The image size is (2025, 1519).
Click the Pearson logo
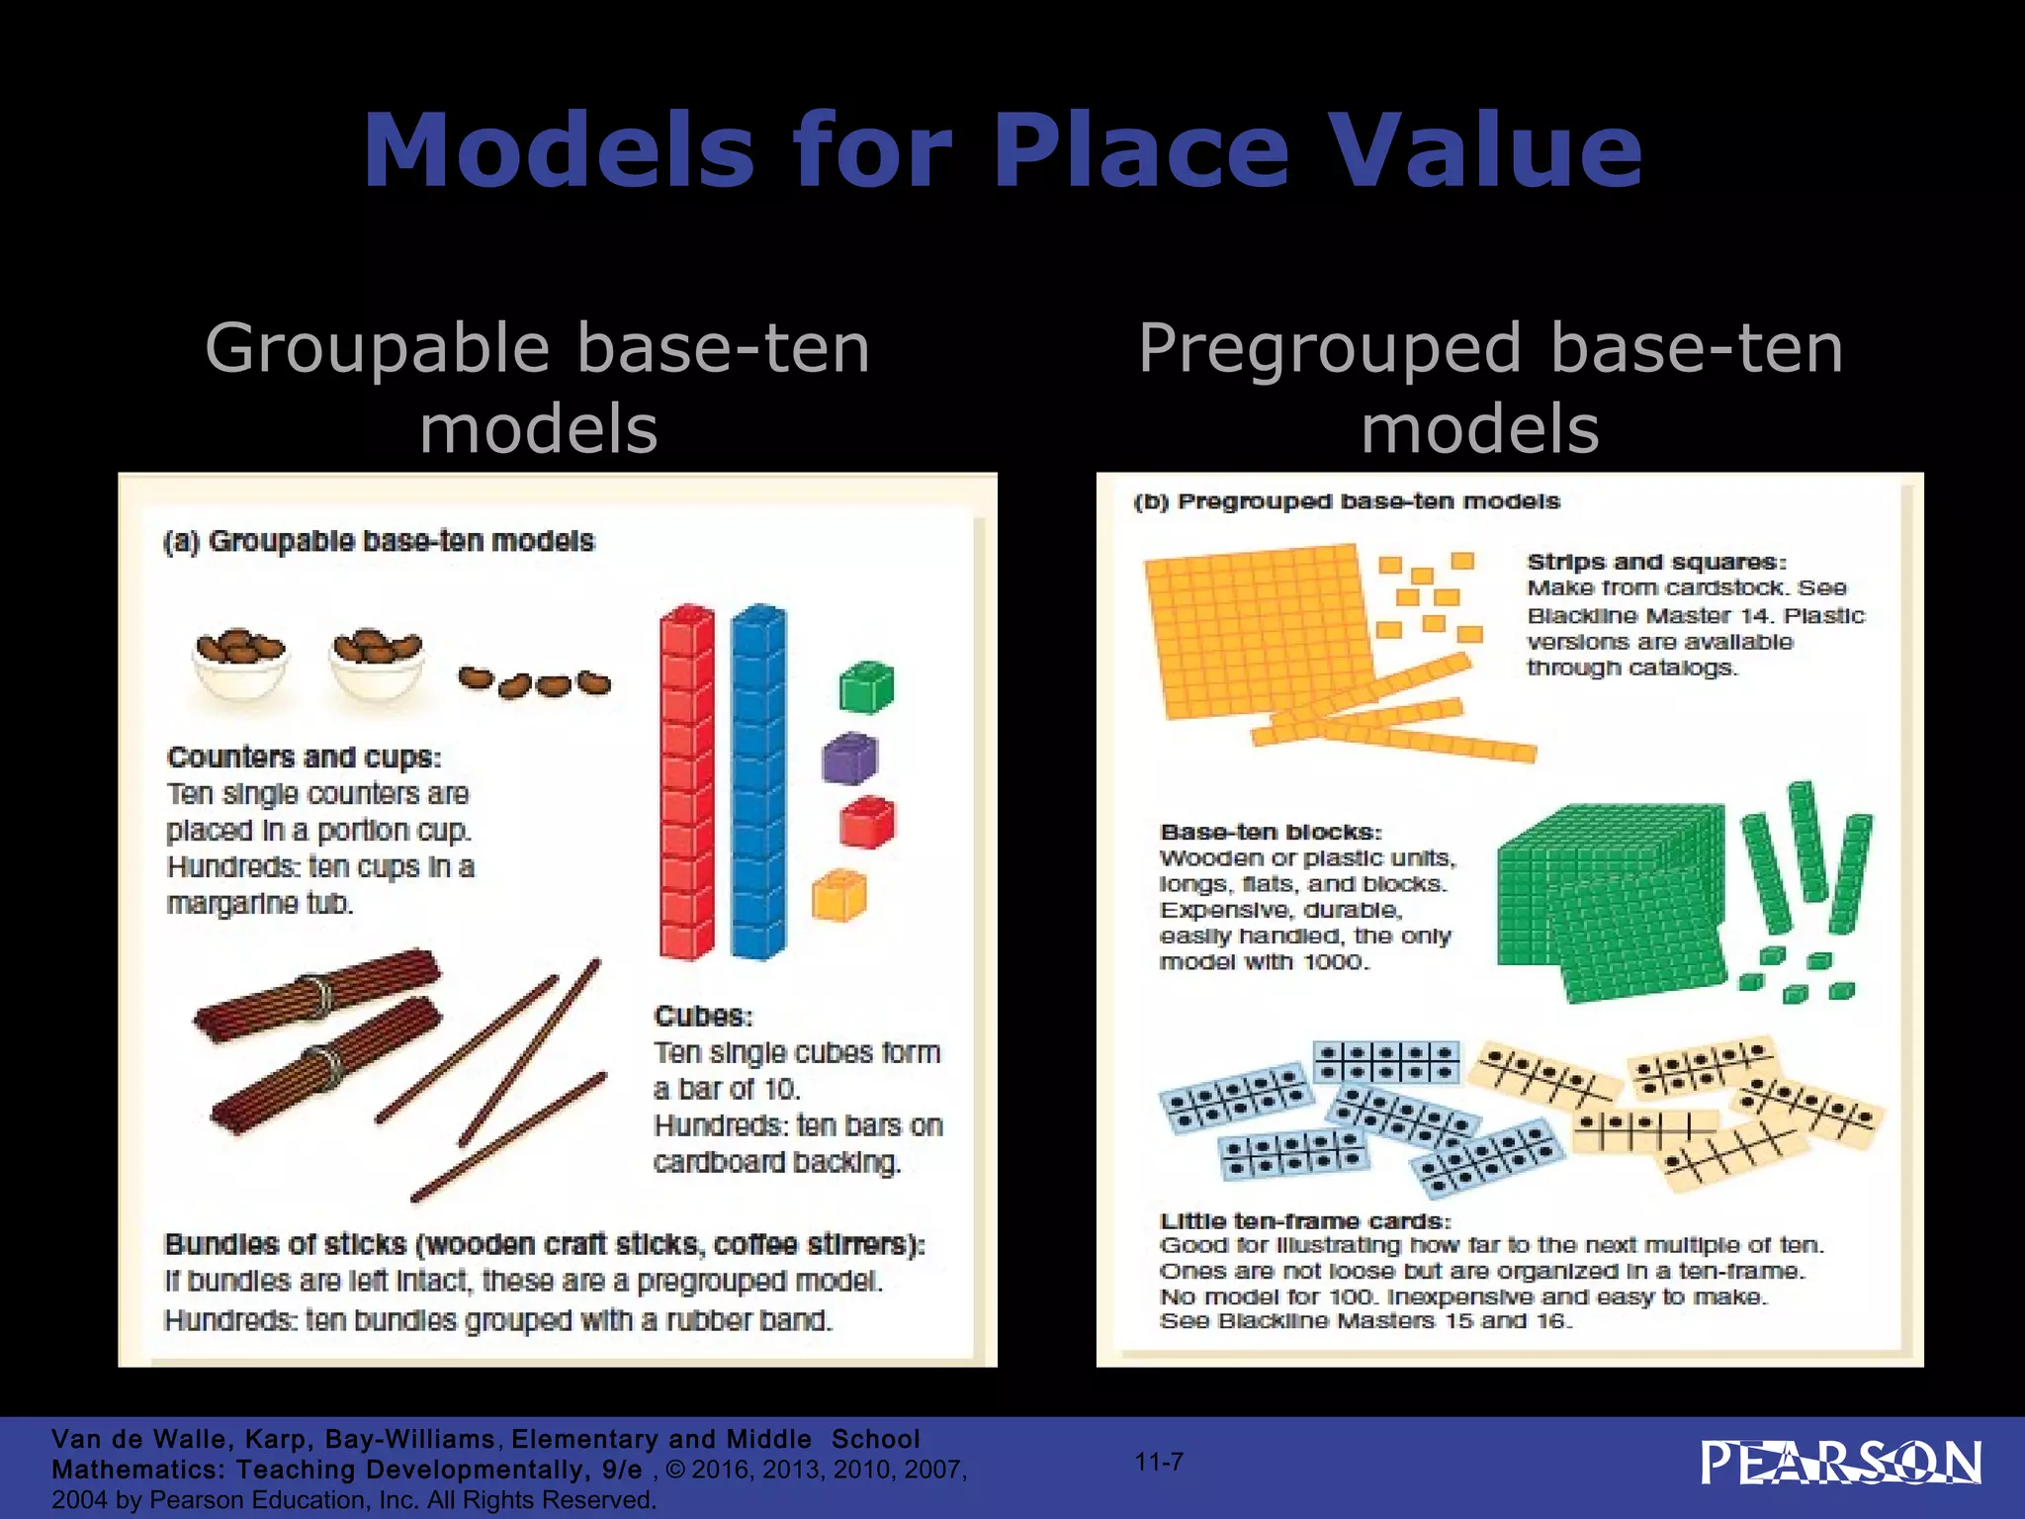pyautogui.click(x=1840, y=1464)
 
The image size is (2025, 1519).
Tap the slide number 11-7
pyautogui.click(x=1159, y=1462)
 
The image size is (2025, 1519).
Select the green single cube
pyautogui.click(x=866, y=687)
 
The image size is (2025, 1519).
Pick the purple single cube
pyautogui.click(x=849, y=759)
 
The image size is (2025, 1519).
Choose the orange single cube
pyautogui.click(x=838, y=895)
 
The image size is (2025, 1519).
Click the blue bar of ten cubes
pyautogui.click(x=758, y=781)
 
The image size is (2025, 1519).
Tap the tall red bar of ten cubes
pyautogui.click(x=686, y=781)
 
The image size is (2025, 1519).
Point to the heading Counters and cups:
pyautogui.click(x=305, y=758)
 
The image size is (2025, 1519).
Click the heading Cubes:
pyautogui.click(x=704, y=1017)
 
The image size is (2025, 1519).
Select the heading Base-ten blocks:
pyautogui.click(x=1271, y=833)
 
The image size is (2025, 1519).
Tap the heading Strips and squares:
pyautogui.click(x=1656, y=563)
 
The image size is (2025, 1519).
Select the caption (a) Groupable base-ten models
pyautogui.click(x=379, y=542)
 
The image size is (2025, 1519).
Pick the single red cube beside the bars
pyautogui.click(x=866, y=822)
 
